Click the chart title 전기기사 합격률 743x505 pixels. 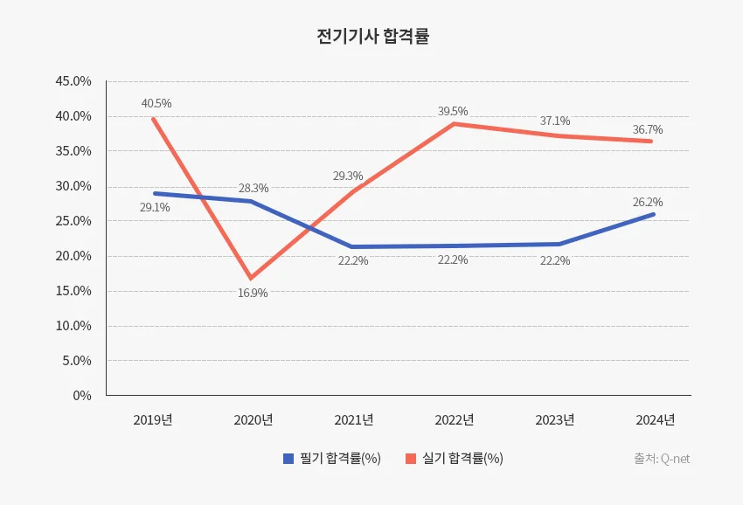[x=372, y=37]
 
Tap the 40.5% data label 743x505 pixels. [x=156, y=103]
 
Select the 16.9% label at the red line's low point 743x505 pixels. [x=253, y=293]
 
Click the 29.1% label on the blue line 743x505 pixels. [x=155, y=208]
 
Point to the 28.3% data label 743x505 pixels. [x=253, y=188]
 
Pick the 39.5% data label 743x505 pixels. [x=453, y=111]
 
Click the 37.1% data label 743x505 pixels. [x=554, y=121]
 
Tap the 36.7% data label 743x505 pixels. [x=648, y=129]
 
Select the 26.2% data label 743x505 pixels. [x=648, y=202]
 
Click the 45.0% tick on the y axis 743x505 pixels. [x=73, y=81]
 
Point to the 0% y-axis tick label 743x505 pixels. [x=82, y=396]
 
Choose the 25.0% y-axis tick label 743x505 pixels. [x=73, y=221]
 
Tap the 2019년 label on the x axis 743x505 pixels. [x=153, y=420]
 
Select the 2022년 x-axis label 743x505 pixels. [x=455, y=420]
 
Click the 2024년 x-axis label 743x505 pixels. [x=656, y=420]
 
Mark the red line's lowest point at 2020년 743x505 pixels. [x=252, y=278]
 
